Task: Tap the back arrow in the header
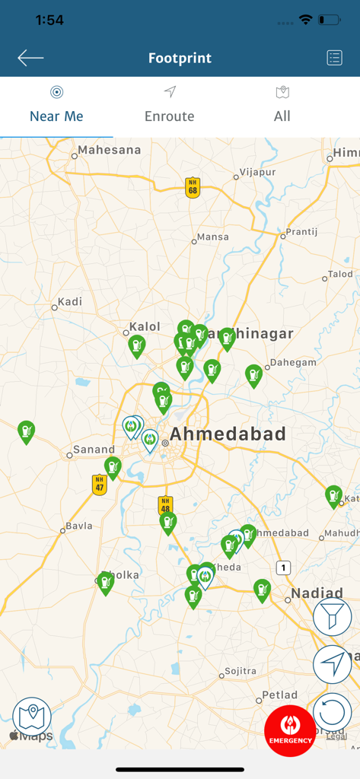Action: [30, 58]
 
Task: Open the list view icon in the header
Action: [334, 58]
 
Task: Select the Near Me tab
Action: [56, 107]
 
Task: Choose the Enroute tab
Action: [170, 107]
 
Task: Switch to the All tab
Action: [282, 107]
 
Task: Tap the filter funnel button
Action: [332, 617]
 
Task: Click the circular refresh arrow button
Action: [332, 714]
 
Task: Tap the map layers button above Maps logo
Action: [32, 716]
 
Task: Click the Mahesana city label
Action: [110, 151]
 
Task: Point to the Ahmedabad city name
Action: [228, 434]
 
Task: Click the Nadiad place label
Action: [317, 593]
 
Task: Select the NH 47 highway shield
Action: [99, 484]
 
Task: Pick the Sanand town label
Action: [94, 450]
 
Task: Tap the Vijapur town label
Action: [257, 173]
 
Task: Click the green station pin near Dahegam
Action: [253, 375]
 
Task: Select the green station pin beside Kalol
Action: [136, 346]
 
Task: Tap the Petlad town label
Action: [279, 695]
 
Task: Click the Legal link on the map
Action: [336, 736]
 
